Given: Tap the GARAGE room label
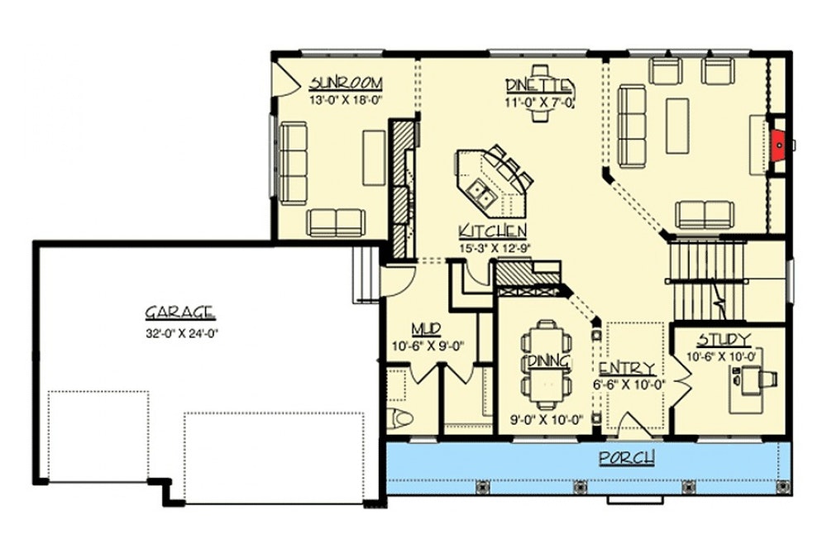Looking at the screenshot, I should tap(180, 312).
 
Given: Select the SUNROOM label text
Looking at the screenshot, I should tap(346, 83).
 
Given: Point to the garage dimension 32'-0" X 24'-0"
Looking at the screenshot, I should tap(180, 334).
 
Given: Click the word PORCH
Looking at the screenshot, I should tap(628, 457).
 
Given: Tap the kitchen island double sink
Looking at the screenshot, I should tap(480, 197).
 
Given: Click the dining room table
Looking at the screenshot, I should tap(547, 361).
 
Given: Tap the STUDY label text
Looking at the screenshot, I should tap(724, 340).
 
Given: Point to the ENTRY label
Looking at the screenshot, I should tap(627, 368).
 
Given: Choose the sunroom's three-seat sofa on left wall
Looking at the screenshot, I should tap(292, 160).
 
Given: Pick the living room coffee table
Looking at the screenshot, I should tap(677, 126).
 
